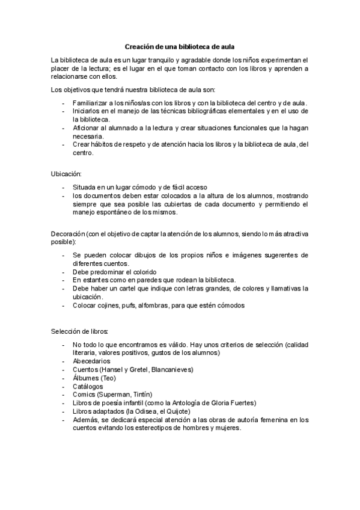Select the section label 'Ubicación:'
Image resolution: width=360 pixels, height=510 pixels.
[x=66, y=174]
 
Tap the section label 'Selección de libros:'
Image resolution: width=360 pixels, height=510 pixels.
[x=79, y=331]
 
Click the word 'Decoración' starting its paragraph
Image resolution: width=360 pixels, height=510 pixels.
[x=68, y=233]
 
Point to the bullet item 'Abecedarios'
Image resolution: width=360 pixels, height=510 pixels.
[x=91, y=361]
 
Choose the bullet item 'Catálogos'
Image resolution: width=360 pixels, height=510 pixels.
[x=88, y=386]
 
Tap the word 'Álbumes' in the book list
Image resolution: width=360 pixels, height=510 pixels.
[x=87, y=378]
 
